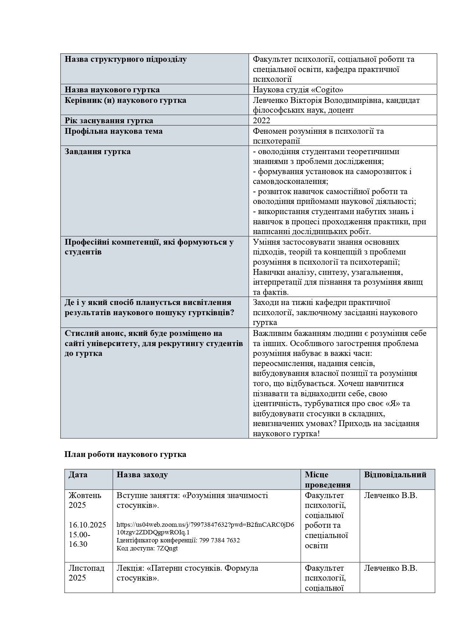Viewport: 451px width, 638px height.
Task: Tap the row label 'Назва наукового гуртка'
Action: (112, 89)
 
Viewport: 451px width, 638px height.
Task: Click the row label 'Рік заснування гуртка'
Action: (109, 120)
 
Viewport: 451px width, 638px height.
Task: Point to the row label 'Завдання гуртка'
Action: (97, 151)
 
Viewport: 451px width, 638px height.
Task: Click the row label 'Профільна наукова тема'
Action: (113, 131)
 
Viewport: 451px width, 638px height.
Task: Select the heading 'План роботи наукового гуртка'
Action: (125, 454)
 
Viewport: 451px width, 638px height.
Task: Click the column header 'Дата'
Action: (78, 474)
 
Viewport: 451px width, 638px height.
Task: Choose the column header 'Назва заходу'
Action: (142, 474)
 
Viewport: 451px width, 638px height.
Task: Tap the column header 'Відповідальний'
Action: (395, 474)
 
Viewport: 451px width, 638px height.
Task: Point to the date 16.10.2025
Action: (88, 525)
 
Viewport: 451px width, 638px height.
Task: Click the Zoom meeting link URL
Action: (205, 528)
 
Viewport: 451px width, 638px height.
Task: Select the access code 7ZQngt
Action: (168, 548)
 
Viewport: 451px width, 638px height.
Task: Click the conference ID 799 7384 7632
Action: (220, 540)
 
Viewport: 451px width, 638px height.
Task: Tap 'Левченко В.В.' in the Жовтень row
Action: (390, 495)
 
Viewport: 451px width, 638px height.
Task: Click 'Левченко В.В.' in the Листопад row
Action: (390, 568)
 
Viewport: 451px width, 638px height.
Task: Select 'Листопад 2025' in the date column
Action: (86, 573)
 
